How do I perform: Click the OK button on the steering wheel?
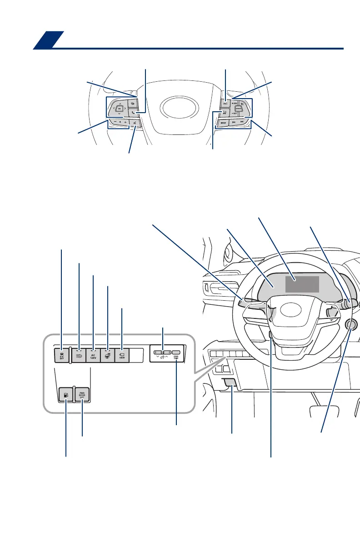[x=120, y=109]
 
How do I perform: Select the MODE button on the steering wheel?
[x=223, y=123]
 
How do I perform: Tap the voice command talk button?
[x=135, y=123]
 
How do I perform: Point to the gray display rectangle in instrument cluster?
[x=302, y=284]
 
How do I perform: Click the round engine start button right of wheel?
[x=350, y=324]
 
